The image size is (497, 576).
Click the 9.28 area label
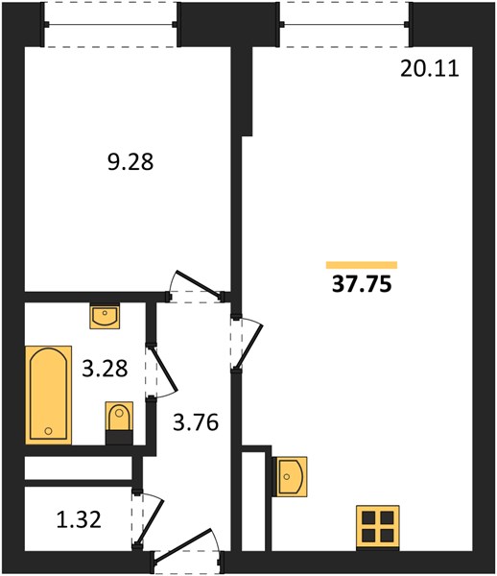130,162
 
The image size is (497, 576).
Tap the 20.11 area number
430,69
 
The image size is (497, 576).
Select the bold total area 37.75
362,284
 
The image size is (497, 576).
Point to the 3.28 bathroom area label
105,369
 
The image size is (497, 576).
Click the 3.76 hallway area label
196,422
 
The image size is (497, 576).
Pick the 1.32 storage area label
79,519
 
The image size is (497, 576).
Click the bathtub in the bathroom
48,395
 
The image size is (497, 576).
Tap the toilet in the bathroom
119,422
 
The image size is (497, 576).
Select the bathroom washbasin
105,316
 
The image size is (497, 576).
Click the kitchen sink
292,476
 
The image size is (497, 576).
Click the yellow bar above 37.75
362,265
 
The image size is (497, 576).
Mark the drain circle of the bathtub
48,430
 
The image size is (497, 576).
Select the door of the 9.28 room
196,287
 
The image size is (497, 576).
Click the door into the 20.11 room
247,344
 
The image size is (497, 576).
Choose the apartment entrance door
187,551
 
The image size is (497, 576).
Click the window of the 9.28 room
111,25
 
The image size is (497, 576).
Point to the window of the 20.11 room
344,25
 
